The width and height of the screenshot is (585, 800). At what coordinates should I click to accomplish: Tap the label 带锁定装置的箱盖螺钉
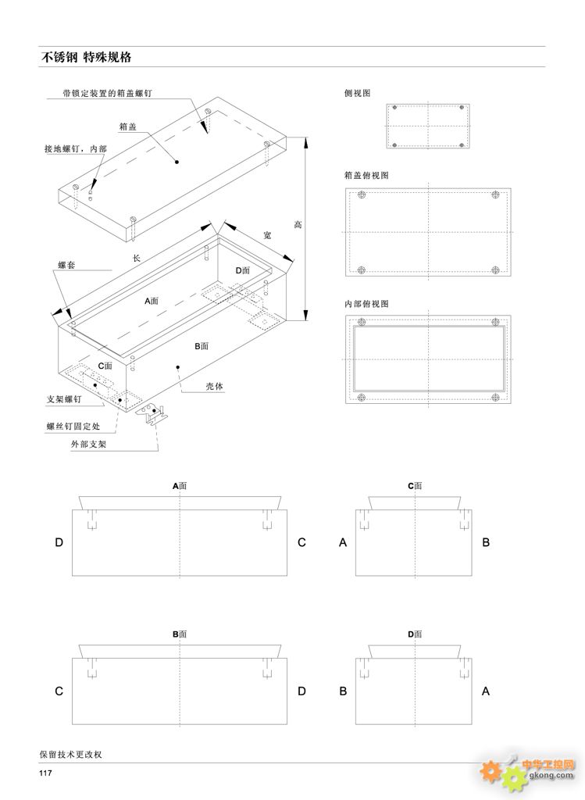108,92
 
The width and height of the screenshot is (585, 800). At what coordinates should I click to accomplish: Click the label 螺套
66,266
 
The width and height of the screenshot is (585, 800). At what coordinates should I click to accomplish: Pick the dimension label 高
298,225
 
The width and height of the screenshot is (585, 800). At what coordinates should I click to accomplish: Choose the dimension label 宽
267,234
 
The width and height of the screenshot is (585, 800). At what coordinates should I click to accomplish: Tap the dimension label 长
136,259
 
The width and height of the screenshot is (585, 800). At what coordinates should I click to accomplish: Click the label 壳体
214,386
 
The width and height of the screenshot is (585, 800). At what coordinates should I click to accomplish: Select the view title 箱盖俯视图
366,175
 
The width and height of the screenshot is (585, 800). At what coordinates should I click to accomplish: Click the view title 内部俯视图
366,302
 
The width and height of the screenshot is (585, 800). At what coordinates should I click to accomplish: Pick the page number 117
45,773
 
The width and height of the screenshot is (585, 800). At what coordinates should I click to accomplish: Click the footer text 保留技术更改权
71,755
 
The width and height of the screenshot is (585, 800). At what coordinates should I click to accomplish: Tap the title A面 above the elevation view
180,485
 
